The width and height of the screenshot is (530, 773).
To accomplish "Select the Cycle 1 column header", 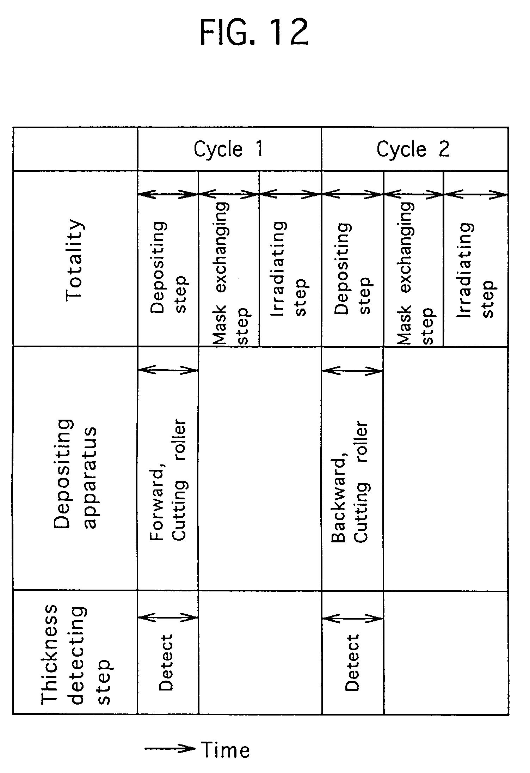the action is (x=229, y=149).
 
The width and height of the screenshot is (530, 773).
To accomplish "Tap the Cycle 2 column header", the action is (x=413, y=149).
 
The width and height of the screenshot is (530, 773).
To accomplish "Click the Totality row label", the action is (x=75, y=260).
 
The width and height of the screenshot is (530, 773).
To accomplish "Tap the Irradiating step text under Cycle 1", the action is (x=290, y=269).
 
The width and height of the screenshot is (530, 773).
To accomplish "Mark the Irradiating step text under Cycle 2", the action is (x=476, y=270).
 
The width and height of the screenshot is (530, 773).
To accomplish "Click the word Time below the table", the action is (x=226, y=750).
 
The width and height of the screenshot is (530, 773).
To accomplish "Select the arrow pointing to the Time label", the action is (x=170, y=748).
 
